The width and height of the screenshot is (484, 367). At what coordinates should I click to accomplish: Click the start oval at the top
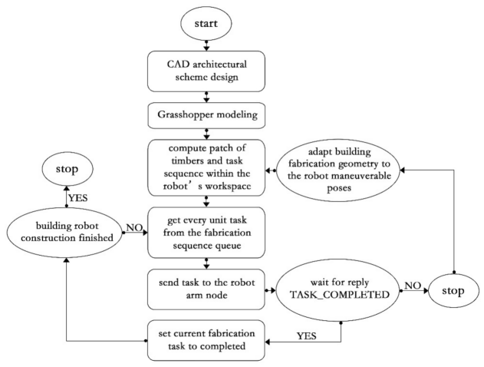(x=206, y=24)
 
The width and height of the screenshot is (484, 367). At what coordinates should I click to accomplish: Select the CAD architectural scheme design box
(x=206, y=71)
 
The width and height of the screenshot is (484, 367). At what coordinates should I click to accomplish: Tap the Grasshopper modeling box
(x=206, y=115)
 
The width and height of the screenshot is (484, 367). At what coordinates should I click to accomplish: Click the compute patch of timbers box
(x=206, y=167)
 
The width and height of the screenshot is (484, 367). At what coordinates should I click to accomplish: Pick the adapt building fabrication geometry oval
(x=339, y=170)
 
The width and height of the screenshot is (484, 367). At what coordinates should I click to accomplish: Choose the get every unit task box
(x=206, y=233)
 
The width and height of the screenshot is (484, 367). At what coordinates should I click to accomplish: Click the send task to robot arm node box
(x=206, y=289)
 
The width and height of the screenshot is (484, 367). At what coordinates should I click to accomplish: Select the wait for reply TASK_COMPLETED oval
(x=339, y=290)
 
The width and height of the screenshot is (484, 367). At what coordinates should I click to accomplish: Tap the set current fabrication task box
(x=206, y=340)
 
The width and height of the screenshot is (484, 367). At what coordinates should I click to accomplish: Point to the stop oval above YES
(x=67, y=169)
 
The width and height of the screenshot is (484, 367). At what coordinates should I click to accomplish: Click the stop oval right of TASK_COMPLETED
(x=453, y=291)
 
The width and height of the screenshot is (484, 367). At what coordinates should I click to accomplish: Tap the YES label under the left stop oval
(x=77, y=198)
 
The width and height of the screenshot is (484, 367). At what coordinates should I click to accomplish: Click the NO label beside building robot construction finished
(x=134, y=228)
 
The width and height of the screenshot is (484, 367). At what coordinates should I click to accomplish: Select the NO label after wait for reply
(x=413, y=286)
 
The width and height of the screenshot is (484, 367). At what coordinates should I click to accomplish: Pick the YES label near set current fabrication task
(x=306, y=336)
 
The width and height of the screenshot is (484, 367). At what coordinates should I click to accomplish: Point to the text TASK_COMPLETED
(x=339, y=295)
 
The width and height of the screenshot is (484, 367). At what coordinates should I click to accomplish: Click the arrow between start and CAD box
(x=206, y=45)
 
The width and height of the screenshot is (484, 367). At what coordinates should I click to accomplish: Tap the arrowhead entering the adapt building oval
(x=403, y=170)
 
